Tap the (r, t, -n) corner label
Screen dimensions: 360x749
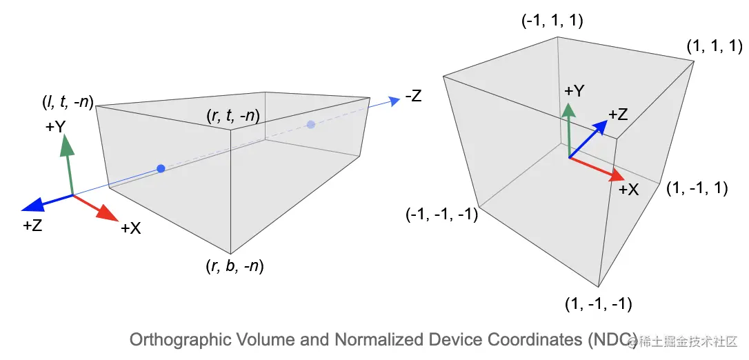[x=232, y=117]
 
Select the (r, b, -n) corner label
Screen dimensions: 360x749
[x=234, y=266]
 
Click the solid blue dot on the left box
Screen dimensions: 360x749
[x=161, y=168]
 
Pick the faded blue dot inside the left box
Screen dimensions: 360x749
[x=311, y=124]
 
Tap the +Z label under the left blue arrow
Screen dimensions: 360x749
[x=32, y=225]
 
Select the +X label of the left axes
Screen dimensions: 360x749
[x=130, y=228]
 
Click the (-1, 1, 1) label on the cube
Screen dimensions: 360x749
[x=552, y=21]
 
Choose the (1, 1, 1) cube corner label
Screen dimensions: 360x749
[x=713, y=47]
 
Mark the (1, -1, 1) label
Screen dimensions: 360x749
[x=697, y=188]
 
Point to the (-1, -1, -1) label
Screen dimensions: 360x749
[x=442, y=214]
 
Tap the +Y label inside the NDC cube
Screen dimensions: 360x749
[x=575, y=91]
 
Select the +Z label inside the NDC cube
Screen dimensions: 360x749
[x=618, y=114]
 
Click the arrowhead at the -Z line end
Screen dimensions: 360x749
[x=395, y=101]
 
